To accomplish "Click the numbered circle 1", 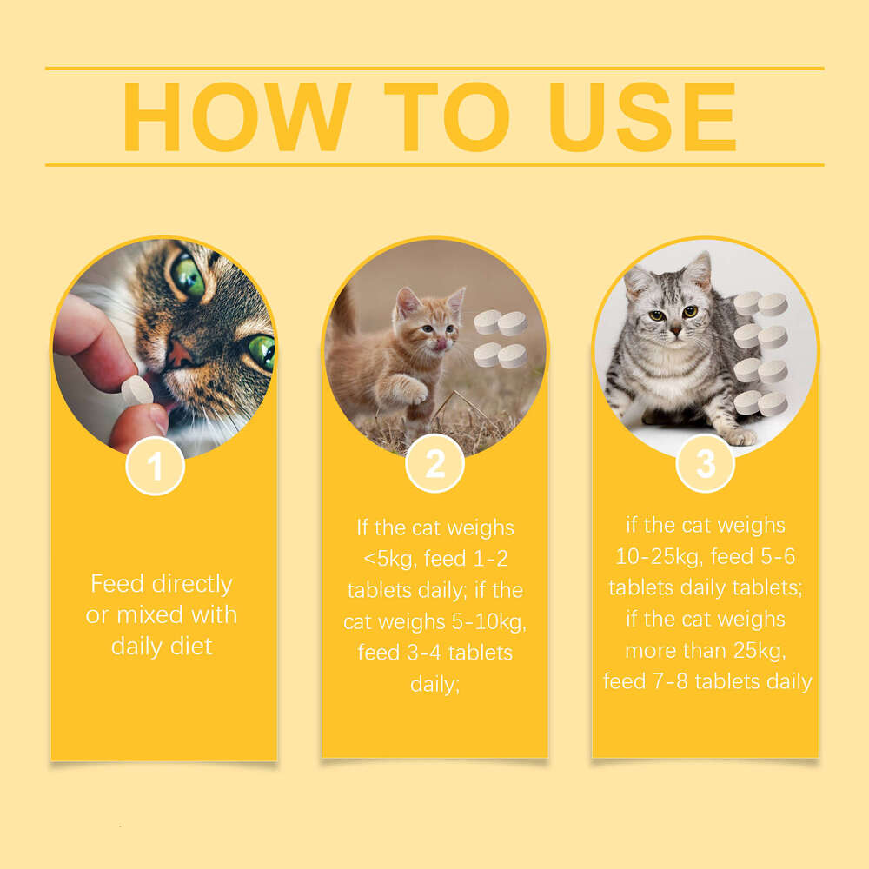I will tap(155, 467).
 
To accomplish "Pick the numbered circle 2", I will tap(434, 465).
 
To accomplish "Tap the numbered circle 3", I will tap(706, 463).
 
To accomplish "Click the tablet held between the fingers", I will tap(136, 391).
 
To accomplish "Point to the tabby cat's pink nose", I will tap(181, 352).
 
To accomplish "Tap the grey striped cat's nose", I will tap(675, 328).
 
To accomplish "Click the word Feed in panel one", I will tap(115, 583).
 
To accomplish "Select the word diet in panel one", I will tap(192, 646).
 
